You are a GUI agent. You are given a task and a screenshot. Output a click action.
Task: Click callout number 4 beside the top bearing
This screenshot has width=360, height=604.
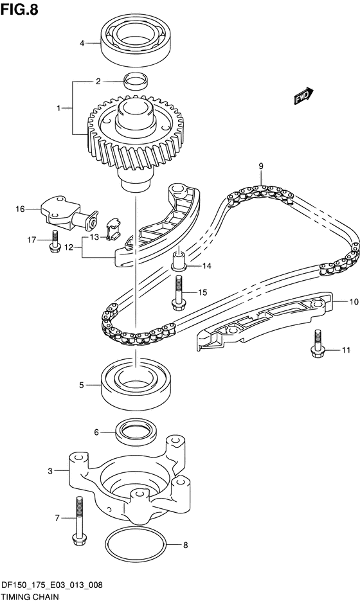(82, 43)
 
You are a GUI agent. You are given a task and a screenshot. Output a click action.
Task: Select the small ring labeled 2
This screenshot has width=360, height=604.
(136, 80)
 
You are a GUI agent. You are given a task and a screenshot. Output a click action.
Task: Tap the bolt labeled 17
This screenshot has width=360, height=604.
(55, 242)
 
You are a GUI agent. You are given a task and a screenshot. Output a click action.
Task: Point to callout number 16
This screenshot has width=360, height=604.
(20, 209)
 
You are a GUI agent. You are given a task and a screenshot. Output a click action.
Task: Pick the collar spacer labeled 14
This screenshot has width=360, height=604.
(179, 260)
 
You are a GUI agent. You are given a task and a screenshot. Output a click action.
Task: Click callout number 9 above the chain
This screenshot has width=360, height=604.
(261, 166)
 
